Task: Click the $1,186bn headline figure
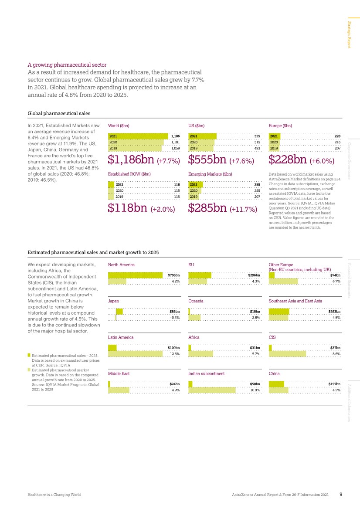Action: point(131,159)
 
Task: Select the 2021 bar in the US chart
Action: point(203,136)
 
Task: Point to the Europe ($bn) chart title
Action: point(280,126)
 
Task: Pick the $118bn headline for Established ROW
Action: point(129,208)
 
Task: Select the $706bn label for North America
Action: point(174,275)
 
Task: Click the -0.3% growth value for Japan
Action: point(175,317)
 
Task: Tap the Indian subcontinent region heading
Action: point(206,373)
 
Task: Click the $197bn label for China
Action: point(334,384)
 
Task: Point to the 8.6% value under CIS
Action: point(336,353)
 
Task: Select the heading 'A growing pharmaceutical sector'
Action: point(67,65)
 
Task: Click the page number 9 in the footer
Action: point(341,495)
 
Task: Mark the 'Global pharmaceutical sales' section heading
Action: point(59,113)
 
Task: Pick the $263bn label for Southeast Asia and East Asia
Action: point(334,312)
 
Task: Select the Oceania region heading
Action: point(196,301)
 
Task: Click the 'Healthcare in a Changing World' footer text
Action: point(54,495)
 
